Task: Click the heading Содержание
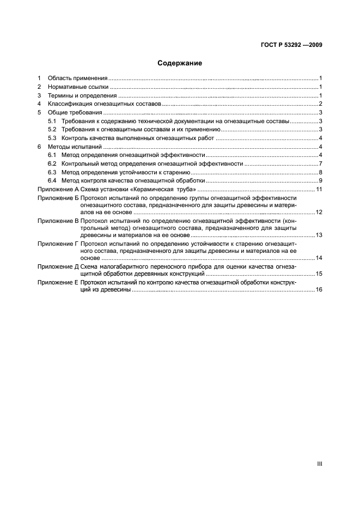[x=180, y=63]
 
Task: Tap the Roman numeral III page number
[x=320, y=463]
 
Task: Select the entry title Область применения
[x=77, y=78]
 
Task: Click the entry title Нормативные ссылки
[x=78, y=87]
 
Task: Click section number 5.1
[x=52, y=121]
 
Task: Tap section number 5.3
[x=52, y=138]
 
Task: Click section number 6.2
[x=52, y=163]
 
